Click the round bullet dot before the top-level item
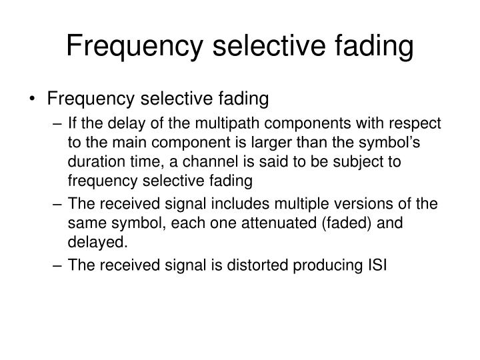pyautogui.click(x=33, y=99)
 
